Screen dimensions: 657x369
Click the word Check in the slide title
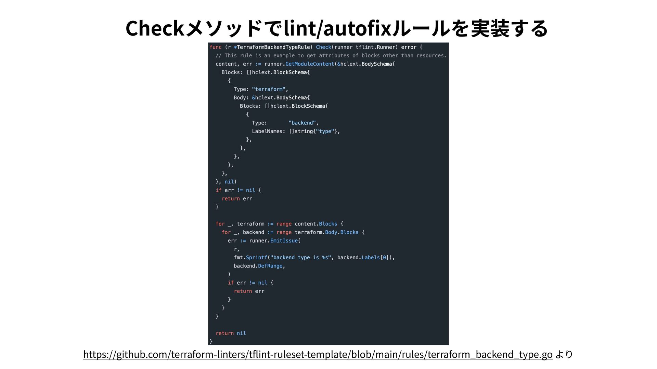(155, 28)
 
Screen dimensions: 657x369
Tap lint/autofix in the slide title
(337, 28)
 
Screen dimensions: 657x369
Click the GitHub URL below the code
(318, 354)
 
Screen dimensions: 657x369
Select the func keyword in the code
(216, 47)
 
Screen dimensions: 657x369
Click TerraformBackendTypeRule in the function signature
(273, 47)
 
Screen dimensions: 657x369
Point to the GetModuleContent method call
(309, 64)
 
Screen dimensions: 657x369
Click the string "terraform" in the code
(269, 89)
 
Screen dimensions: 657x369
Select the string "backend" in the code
(302, 123)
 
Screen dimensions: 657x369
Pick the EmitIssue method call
(284, 241)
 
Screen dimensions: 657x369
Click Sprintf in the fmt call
(256, 258)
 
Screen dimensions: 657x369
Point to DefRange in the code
(270, 266)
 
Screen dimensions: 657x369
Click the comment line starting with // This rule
(331, 56)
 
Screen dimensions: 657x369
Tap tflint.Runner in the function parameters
(376, 47)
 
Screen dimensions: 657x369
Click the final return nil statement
(231, 333)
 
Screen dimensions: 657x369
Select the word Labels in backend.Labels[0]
(371, 258)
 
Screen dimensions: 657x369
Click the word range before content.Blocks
(284, 224)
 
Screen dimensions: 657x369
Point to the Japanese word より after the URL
(564, 354)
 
